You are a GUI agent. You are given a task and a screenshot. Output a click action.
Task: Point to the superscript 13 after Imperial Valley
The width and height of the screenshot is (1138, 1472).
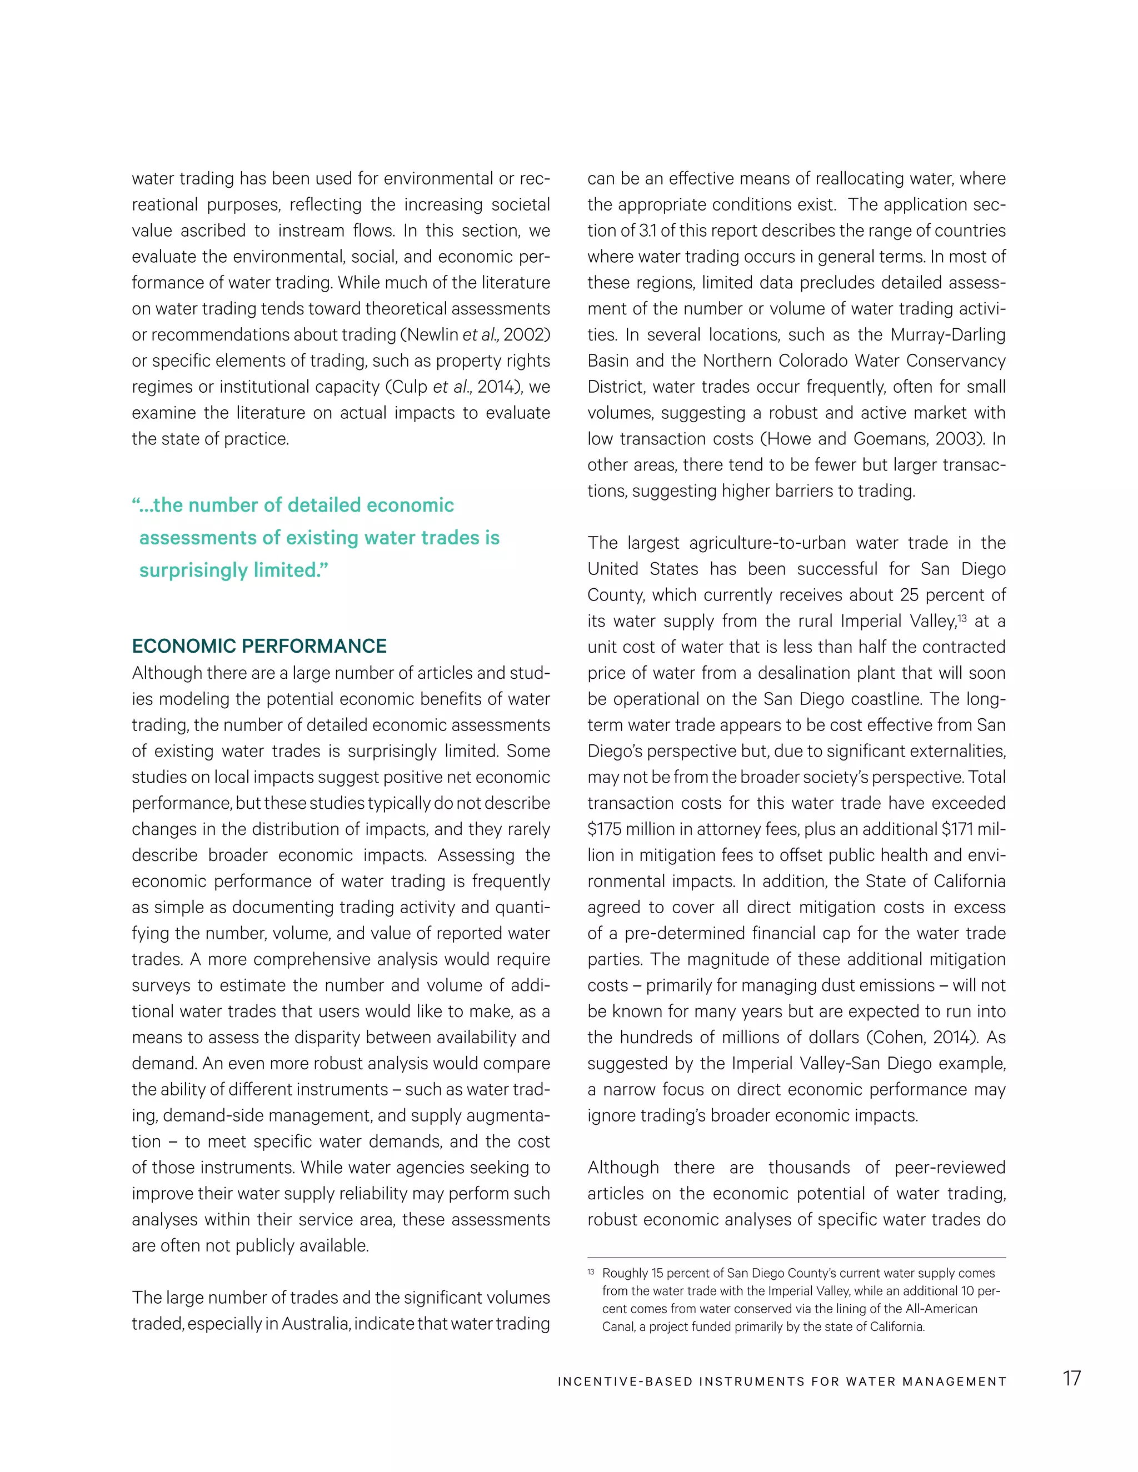click(962, 617)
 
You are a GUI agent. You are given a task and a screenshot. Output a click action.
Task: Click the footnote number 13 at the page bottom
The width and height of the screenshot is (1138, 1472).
click(591, 1272)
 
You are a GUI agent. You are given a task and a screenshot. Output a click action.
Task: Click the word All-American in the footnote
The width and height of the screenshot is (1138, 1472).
click(942, 1309)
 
